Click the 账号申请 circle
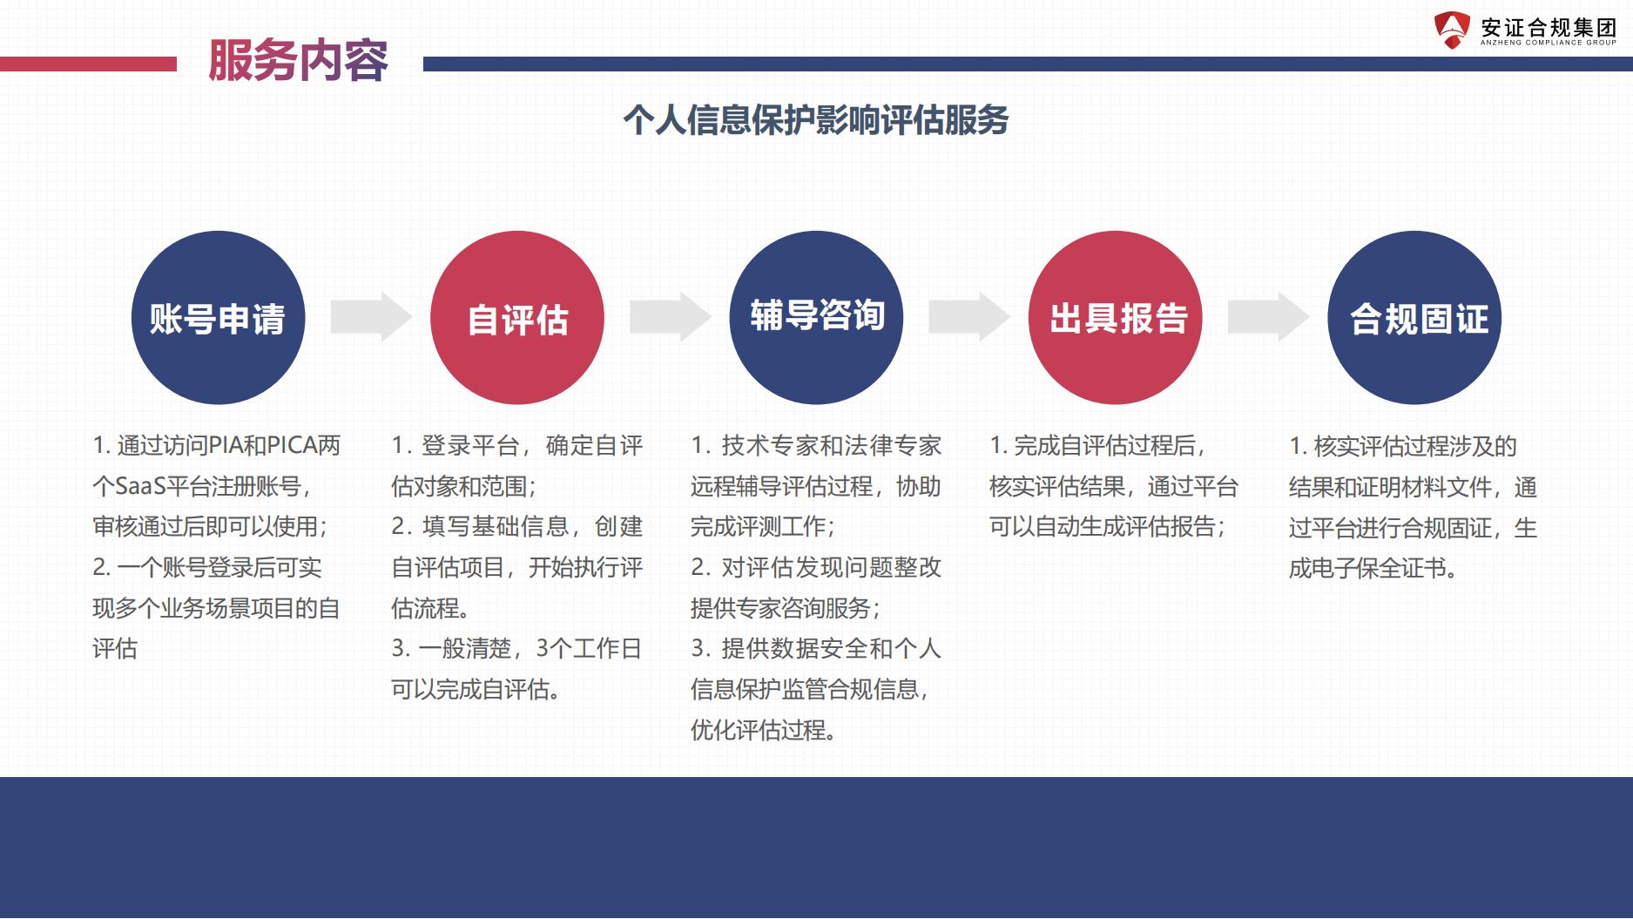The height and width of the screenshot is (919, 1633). click(218, 317)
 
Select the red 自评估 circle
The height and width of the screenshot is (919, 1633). click(517, 317)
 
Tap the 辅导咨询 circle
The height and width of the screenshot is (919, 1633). click(816, 317)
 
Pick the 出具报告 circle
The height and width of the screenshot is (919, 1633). click(1116, 317)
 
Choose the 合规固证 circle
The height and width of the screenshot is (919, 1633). click(1414, 317)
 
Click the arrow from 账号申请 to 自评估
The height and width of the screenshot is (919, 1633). click(371, 316)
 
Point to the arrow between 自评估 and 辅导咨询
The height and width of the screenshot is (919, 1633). click(671, 316)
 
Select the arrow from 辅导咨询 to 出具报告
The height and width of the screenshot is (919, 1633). click(969, 316)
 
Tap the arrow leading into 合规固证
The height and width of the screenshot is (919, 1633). click(1268, 316)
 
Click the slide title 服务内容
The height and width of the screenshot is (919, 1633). click(298, 61)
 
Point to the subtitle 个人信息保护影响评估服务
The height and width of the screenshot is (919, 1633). click(816, 120)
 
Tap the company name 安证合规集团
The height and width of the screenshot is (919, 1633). click(1549, 27)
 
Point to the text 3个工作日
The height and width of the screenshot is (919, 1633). click(589, 649)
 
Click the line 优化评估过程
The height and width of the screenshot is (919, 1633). click(764, 730)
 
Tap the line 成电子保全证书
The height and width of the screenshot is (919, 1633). click(1373, 568)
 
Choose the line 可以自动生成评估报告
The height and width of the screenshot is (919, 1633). click(1108, 527)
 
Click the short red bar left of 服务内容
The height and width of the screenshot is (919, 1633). click(88, 64)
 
